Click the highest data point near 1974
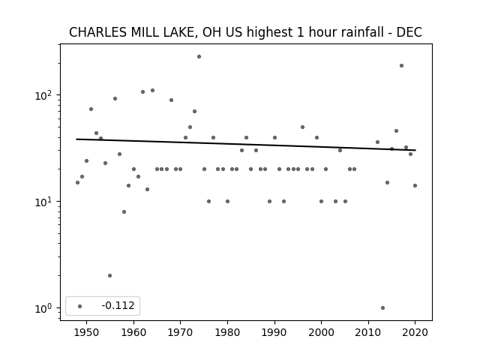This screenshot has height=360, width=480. (199, 57)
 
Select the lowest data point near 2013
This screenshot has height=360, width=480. (382, 308)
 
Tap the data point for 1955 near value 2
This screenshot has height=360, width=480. (110, 275)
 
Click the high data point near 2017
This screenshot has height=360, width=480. (401, 65)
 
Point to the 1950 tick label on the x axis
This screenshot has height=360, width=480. (87, 332)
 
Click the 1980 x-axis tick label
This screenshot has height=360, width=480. (227, 332)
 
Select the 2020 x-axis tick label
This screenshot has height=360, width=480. (415, 332)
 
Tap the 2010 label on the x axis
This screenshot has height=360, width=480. (368, 332)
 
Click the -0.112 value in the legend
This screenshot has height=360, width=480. (118, 305)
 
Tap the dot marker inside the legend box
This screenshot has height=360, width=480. (79, 306)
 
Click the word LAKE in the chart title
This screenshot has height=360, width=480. (181, 32)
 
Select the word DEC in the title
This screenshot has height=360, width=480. (409, 32)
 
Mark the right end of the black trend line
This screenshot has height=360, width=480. (415, 150)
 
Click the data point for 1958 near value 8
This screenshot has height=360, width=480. (124, 211)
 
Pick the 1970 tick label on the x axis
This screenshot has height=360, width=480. (180, 332)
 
